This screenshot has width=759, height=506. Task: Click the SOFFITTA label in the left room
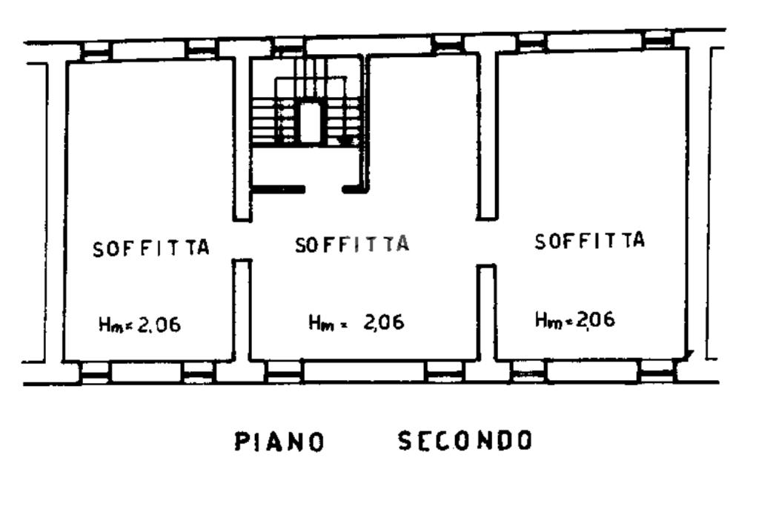tap(151, 248)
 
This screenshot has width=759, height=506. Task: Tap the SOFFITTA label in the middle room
tap(352, 244)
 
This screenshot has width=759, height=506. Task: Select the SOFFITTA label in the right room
tap(589, 241)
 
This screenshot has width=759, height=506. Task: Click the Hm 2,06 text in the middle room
tap(357, 322)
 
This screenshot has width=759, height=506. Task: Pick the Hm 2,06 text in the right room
tap(575, 319)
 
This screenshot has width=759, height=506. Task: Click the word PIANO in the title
tap(279, 442)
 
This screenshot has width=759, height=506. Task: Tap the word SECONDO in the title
tap(465, 441)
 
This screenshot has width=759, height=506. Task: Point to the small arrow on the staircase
tap(345, 139)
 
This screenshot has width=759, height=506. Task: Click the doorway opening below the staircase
tap(324, 190)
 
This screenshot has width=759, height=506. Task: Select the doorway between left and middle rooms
tap(242, 240)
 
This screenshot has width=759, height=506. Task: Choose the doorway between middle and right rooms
tap(485, 242)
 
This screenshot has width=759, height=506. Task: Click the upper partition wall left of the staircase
tap(242, 137)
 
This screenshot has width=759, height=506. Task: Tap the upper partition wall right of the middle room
tap(487, 133)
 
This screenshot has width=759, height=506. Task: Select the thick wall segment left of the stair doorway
tap(278, 190)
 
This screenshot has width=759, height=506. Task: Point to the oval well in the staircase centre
tap(309, 121)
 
